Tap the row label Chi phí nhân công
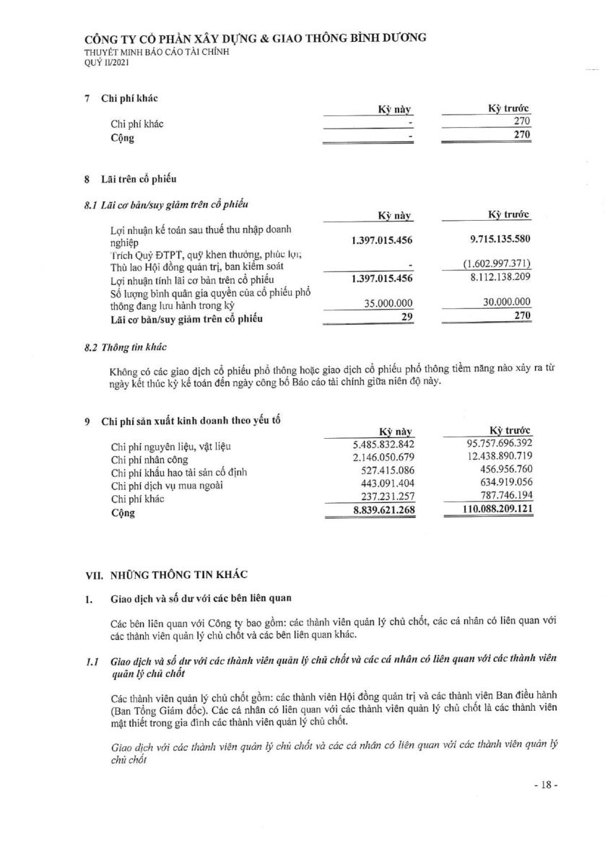(149, 460)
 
